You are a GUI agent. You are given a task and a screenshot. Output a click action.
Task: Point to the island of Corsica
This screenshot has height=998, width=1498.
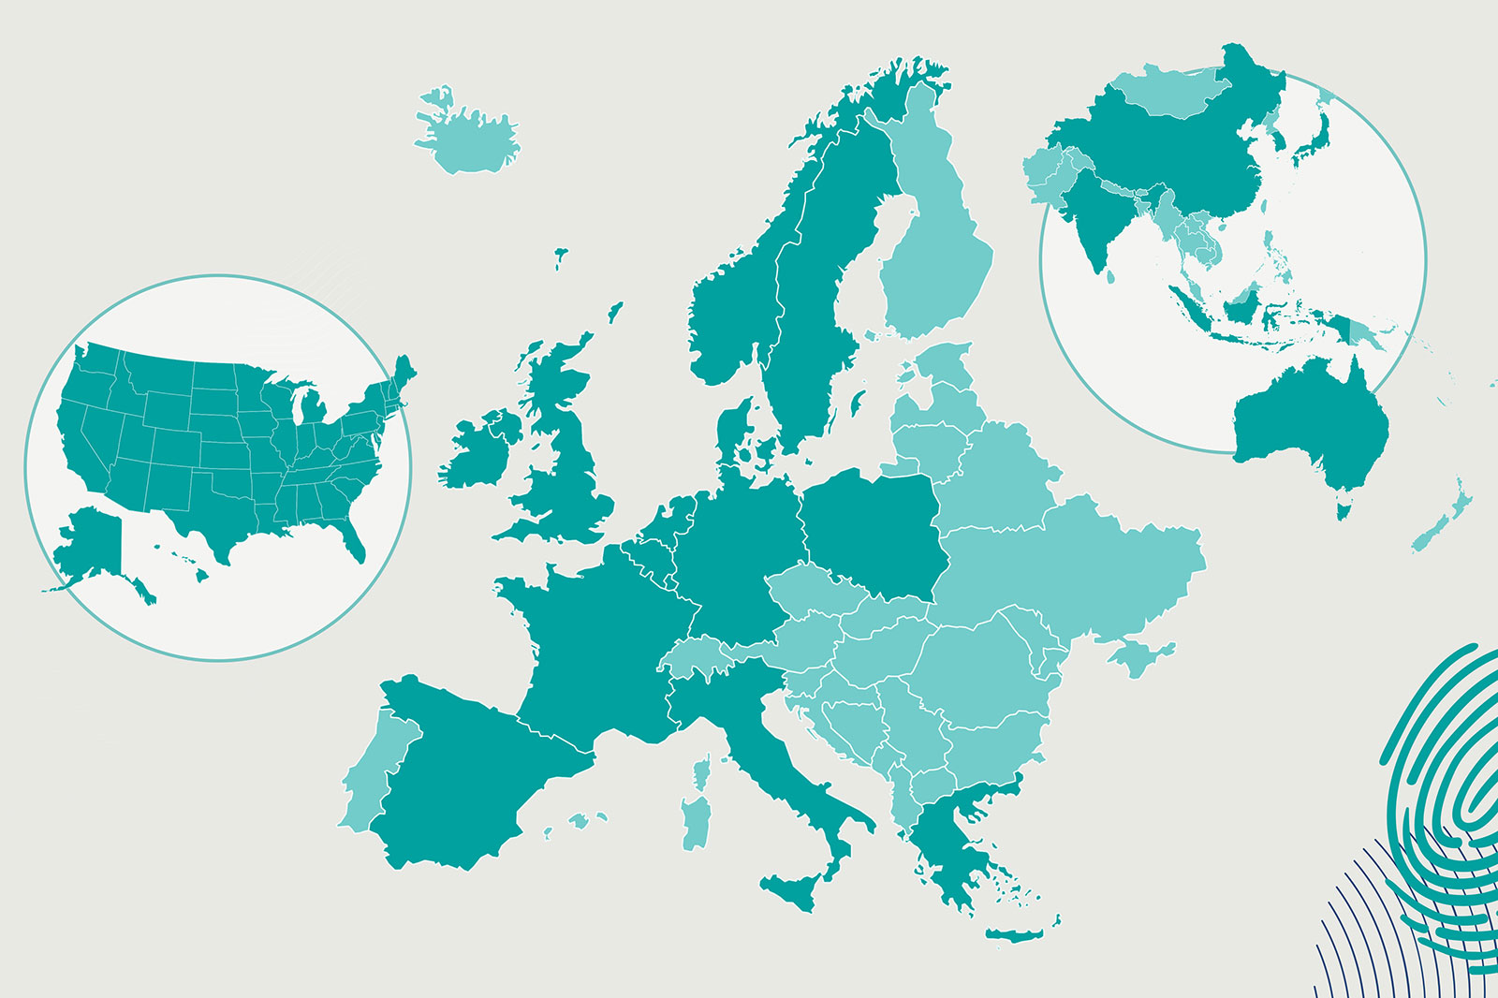[x=700, y=774]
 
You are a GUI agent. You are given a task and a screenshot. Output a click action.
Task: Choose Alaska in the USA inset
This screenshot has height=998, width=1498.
[x=89, y=548]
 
